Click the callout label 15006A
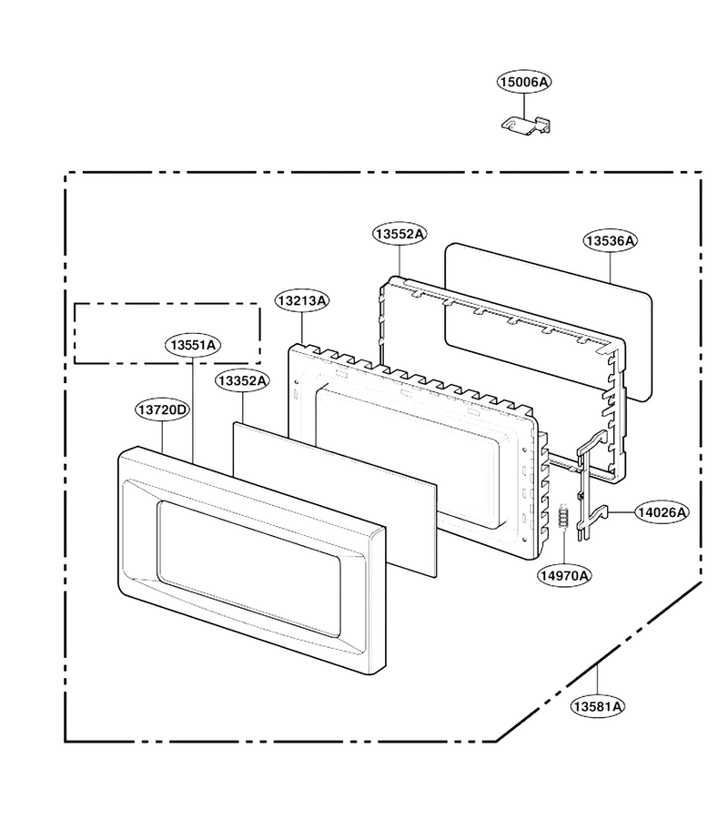point(524,82)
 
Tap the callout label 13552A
point(399,234)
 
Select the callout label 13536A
point(611,240)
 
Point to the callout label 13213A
point(302,300)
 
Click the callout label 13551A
point(193,345)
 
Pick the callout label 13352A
point(243,380)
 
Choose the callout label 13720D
point(162,409)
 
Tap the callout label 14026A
point(662,512)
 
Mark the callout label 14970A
point(564,575)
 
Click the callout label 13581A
point(598,706)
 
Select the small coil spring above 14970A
point(563,517)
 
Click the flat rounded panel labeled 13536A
point(548,322)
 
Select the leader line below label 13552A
point(399,261)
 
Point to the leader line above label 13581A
point(598,680)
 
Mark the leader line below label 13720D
point(162,437)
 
